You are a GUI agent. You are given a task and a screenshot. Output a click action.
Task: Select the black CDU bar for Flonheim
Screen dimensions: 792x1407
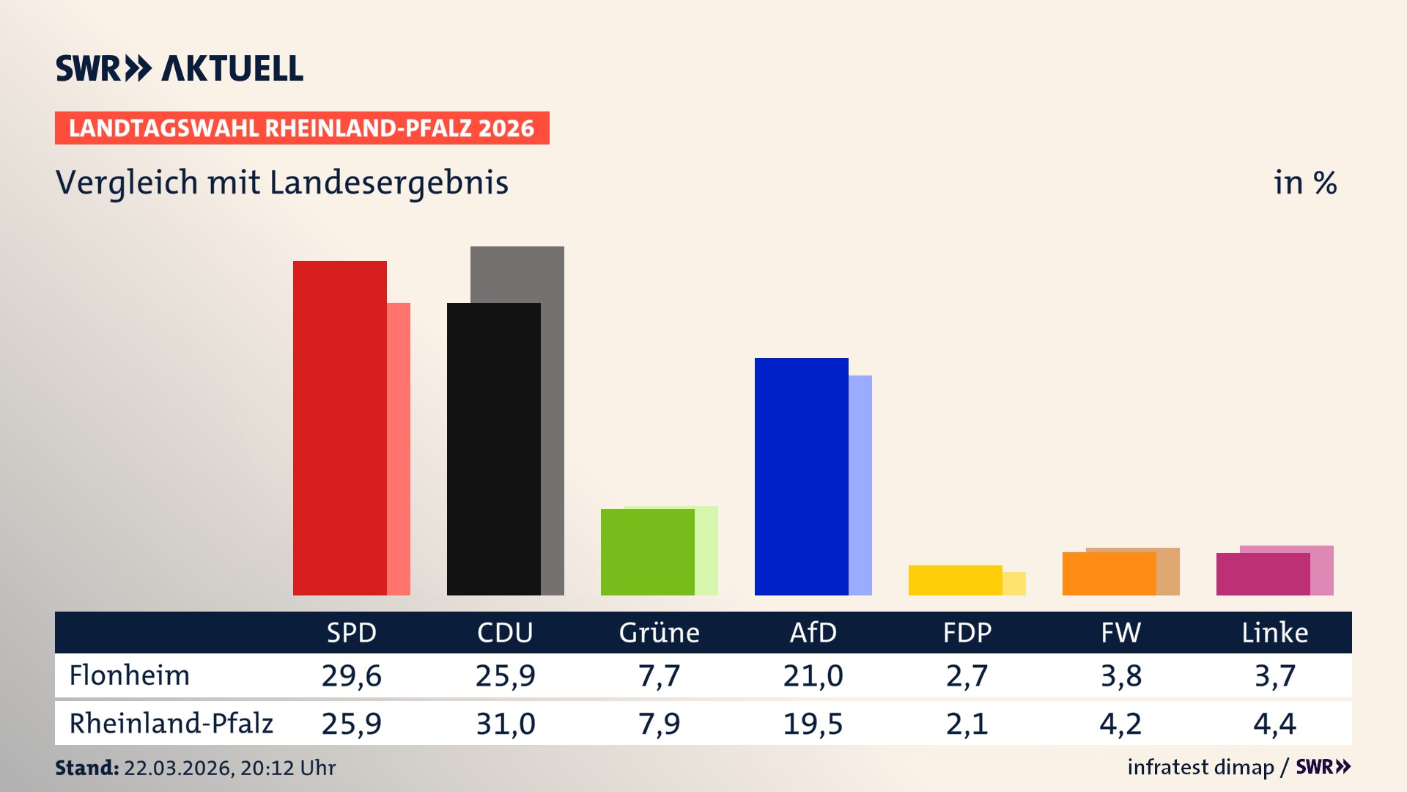pos(493,449)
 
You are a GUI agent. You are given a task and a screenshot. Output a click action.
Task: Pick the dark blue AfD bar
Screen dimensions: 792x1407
pos(801,476)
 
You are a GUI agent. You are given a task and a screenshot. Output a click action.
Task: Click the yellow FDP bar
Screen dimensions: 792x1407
pos(955,580)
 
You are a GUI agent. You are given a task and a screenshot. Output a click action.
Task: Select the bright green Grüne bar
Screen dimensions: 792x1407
pos(647,551)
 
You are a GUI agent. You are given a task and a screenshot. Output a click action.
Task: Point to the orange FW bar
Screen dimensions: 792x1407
pos(1109,573)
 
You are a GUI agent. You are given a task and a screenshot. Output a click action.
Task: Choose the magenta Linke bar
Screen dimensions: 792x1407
pos(1263,574)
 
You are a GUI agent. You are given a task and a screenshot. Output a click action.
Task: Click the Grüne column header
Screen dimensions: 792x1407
pos(659,633)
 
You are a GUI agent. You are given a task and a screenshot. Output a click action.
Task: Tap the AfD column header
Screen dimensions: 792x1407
pos(813,633)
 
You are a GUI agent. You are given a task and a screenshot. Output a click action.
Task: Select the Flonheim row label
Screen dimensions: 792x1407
pos(130,675)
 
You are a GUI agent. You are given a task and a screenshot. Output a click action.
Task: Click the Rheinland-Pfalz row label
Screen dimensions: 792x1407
pos(171,724)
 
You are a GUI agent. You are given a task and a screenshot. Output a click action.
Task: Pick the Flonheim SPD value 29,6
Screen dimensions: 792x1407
pos(351,675)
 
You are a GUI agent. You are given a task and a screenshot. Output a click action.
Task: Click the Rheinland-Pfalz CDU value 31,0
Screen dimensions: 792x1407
pos(505,724)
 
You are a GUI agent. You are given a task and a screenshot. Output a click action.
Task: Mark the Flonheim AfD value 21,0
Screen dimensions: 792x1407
pos(813,675)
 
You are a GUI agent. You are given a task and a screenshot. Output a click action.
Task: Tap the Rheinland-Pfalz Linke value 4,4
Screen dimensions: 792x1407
pos(1274,724)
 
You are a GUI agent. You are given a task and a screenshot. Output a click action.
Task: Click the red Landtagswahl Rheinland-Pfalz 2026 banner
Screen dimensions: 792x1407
pos(302,128)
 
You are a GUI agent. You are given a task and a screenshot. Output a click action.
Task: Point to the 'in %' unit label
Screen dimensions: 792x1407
pos(1304,183)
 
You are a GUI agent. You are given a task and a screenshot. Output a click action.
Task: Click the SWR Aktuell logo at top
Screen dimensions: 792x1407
pos(180,68)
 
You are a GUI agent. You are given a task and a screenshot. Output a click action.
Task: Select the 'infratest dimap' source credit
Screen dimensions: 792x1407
pos(1200,767)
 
